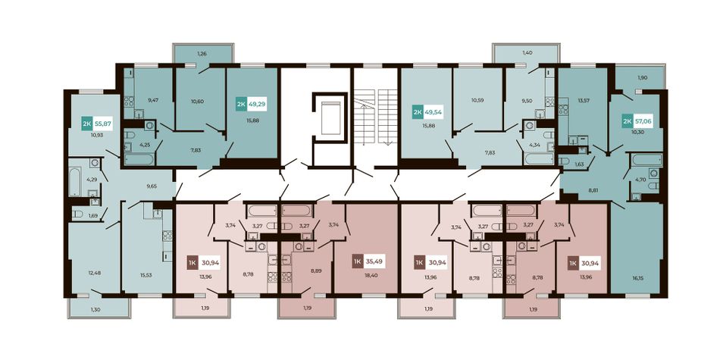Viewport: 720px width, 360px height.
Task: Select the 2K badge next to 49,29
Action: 241,105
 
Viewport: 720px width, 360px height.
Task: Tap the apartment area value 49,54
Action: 434,112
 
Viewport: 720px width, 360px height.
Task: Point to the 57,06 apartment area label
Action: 643,121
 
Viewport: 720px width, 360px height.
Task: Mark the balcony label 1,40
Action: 527,54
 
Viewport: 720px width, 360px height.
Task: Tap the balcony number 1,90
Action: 641,78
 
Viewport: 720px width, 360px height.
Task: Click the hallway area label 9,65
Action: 152,186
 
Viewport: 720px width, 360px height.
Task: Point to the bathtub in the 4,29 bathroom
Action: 74,181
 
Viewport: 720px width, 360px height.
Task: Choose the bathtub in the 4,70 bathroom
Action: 646,160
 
